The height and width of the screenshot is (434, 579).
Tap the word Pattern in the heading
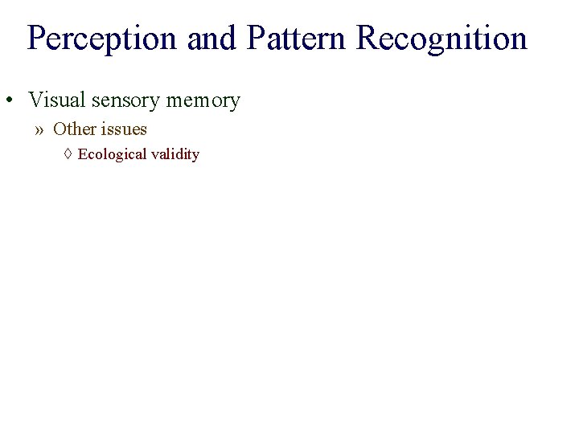click(298, 39)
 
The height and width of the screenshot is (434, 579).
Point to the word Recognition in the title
click(441, 39)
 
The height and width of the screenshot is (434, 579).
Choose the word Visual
click(57, 100)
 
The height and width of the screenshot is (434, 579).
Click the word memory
click(203, 100)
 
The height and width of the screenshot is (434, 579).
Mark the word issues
click(124, 129)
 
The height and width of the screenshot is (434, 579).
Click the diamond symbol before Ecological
click(68, 154)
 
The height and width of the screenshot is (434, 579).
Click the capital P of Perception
click(35, 39)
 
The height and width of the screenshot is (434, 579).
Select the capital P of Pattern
click(256, 39)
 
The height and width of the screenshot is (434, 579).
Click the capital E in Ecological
click(82, 154)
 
